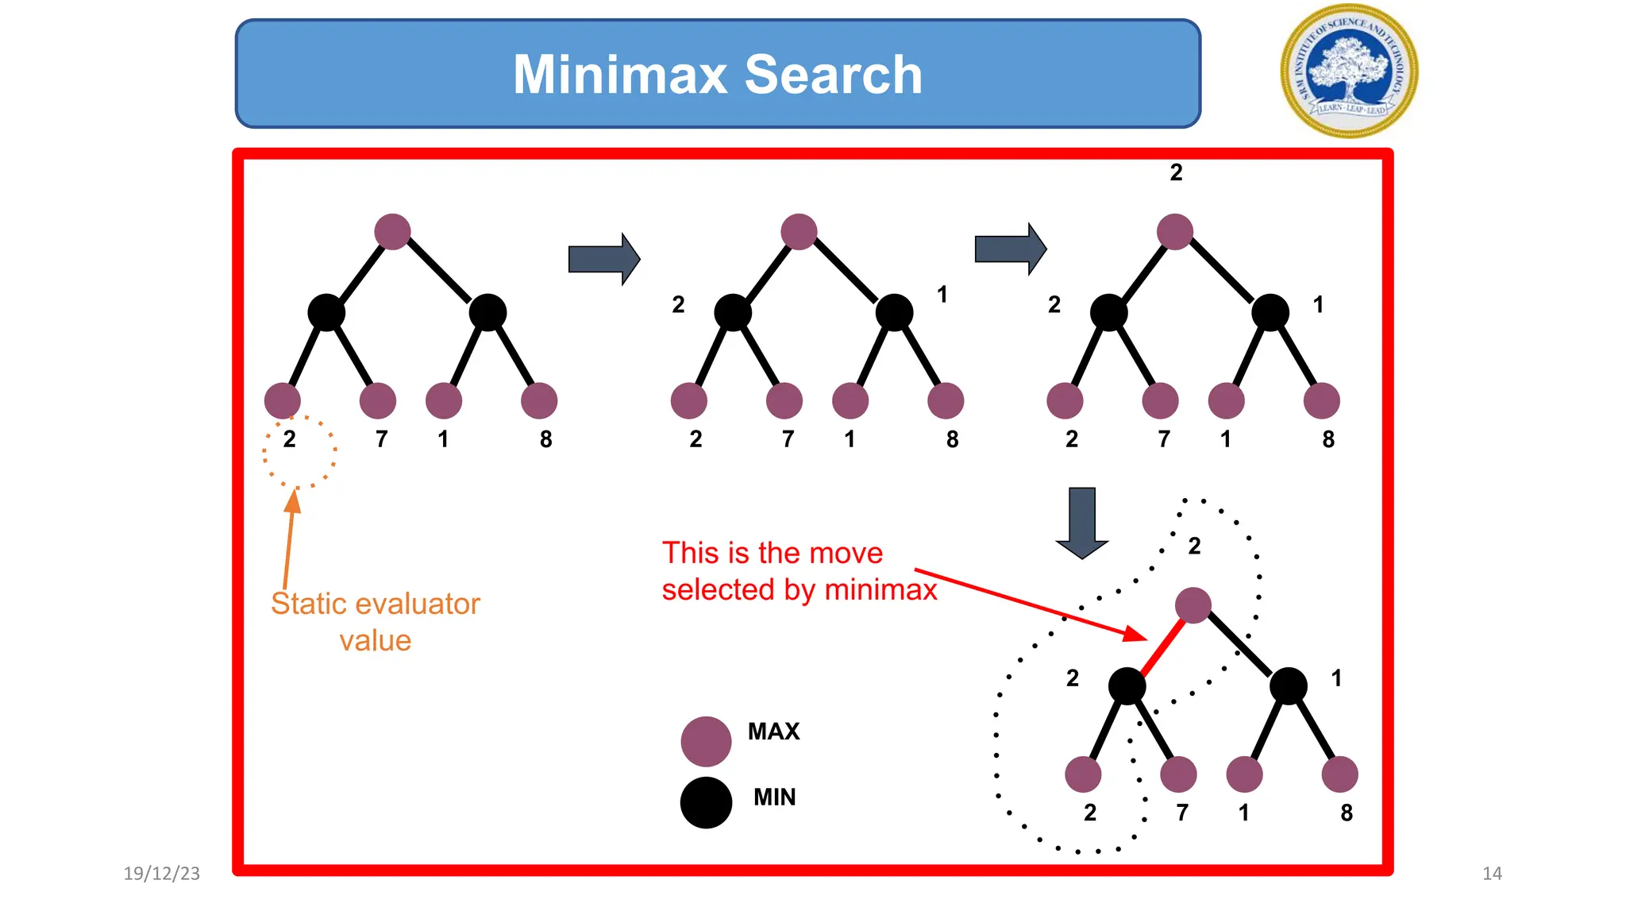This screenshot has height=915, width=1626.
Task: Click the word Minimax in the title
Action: [620, 75]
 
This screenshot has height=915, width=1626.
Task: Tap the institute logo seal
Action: [1349, 71]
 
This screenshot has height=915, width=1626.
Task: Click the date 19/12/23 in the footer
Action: [162, 874]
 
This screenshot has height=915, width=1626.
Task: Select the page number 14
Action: [1492, 874]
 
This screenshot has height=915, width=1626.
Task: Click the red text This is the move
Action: [773, 553]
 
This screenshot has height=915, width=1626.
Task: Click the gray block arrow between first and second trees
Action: [604, 259]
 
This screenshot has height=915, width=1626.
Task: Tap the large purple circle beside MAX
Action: [706, 741]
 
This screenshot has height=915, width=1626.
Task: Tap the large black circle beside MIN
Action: [706, 802]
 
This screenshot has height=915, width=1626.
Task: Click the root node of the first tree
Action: [392, 232]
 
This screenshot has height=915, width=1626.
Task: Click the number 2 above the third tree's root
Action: [1176, 172]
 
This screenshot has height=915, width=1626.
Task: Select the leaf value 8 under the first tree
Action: [545, 439]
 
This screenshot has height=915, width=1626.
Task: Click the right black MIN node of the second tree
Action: [894, 312]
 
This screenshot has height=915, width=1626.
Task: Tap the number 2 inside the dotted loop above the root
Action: [1194, 546]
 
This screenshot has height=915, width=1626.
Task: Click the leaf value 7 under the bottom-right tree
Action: [1182, 813]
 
